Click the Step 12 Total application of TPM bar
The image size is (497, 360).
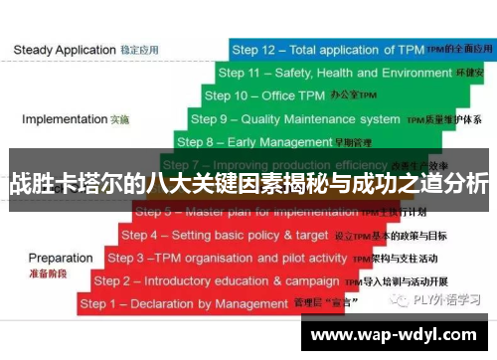click(358, 49)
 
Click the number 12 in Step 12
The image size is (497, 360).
click(273, 49)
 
